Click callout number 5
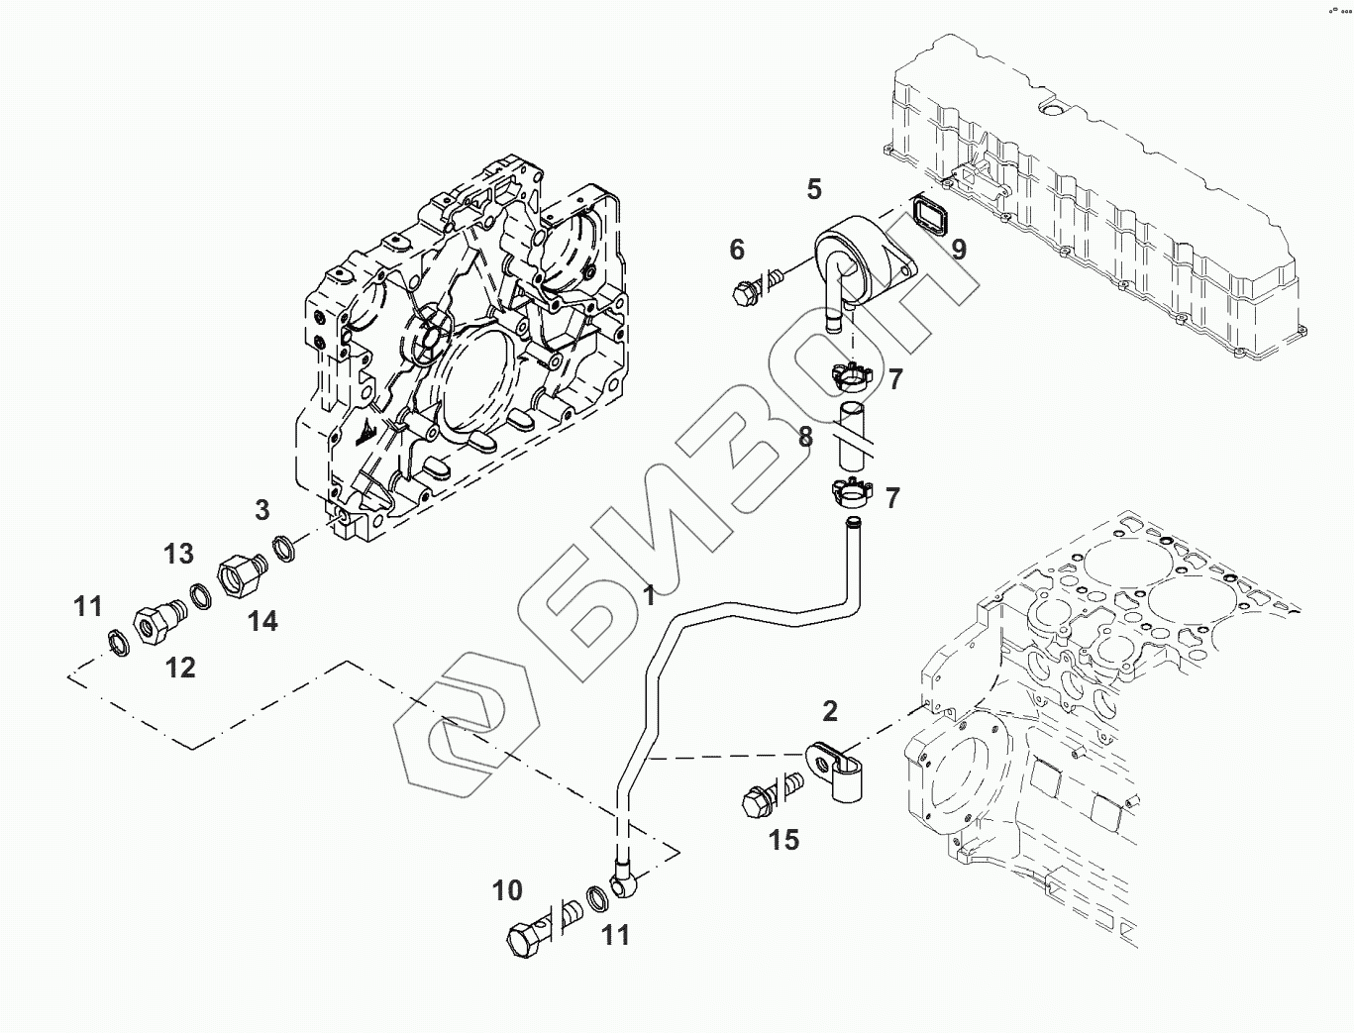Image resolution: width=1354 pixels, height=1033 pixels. (814, 189)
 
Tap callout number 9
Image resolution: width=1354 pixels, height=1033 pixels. (959, 249)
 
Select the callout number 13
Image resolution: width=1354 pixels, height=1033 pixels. (179, 554)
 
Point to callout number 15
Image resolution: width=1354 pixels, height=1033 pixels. (783, 840)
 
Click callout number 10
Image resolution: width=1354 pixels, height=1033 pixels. (507, 890)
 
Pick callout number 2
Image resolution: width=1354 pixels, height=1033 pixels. (830, 710)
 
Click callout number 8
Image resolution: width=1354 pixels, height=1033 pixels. (805, 437)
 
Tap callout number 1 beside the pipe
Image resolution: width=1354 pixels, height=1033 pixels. (650, 596)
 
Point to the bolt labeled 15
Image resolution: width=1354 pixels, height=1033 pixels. (765, 796)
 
